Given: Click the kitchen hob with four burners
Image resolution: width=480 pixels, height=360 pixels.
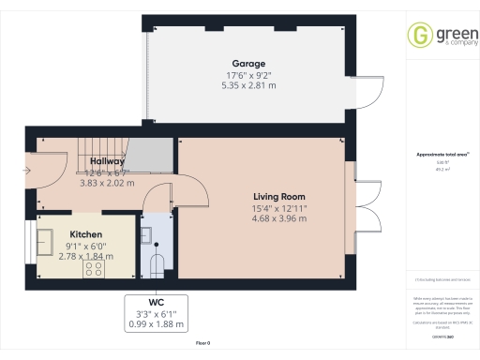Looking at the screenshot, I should point(95,269).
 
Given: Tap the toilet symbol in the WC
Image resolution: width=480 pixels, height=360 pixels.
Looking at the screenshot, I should point(157,262).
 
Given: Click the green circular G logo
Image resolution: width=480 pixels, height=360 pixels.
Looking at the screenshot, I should point(420,36).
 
